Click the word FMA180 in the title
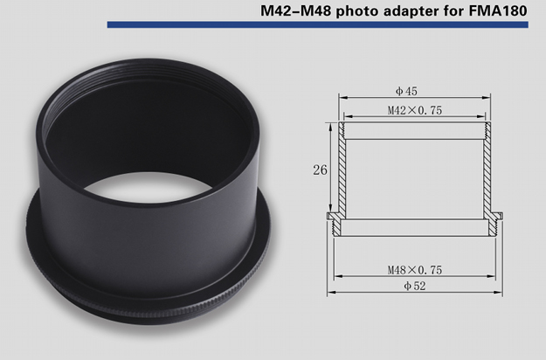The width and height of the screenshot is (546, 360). [498, 10]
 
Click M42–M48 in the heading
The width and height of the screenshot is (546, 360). [296, 10]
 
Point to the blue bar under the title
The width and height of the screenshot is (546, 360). [318, 24]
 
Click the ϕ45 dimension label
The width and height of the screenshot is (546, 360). [406, 91]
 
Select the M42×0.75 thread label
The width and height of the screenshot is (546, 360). [415, 110]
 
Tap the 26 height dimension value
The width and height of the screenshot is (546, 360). [320, 170]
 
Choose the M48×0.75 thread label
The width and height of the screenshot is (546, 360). [415, 270]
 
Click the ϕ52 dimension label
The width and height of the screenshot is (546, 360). [415, 286]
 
